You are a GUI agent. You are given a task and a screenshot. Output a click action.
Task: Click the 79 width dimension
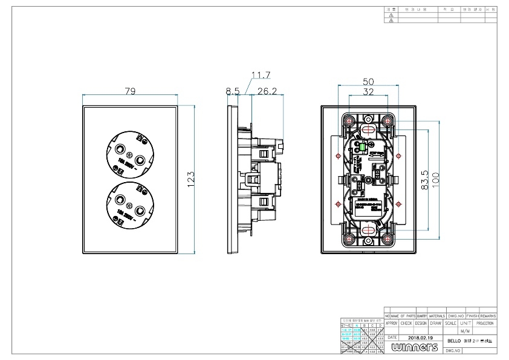click(129, 91)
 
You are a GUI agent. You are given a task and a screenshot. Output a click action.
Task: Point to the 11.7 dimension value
click(261, 75)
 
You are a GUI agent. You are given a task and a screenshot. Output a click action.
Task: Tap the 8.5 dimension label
click(233, 91)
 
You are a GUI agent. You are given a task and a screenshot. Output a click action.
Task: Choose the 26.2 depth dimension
click(267, 91)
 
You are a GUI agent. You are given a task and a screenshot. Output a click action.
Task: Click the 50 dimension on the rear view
click(368, 82)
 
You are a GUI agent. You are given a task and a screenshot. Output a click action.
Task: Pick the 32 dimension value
click(368, 92)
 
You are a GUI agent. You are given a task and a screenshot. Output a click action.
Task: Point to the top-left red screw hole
click(349, 119)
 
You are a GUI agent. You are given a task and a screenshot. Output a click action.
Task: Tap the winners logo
click(415, 347)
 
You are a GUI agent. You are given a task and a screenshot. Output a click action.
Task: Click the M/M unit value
click(465, 331)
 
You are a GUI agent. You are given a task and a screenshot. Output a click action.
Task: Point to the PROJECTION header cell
click(485, 323)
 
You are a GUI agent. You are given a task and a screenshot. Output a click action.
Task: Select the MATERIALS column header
click(437, 316)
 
